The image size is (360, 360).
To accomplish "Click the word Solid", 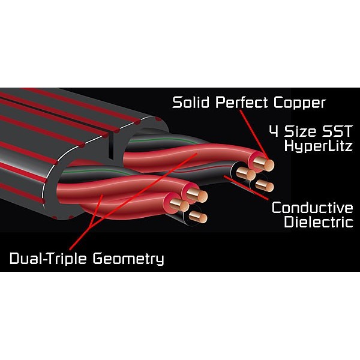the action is pyautogui.click(x=191, y=103).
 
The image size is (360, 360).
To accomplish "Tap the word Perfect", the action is pyautogui.click(x=242, y=103).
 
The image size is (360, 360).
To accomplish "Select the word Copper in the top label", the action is pyautogui.click(x=299, y=104).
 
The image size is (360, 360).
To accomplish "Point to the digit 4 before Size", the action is pyautogui.click(x=275, y=131).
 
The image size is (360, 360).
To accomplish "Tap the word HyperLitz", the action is pyautogui.click(x=318, y=146).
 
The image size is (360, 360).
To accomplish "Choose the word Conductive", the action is pyautogui.click(x=313, y=208).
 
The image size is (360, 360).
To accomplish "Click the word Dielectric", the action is pyautogui.click(x=319, y=222).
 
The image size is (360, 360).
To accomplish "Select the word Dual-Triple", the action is pyautogui.click(x=48, y=258).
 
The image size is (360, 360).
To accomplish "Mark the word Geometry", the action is pyautogui.click(x=128, y=259).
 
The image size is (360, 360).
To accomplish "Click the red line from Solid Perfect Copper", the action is pyautogui.click(x=254, y=135).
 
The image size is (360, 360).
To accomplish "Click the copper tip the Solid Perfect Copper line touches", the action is pyautogui.click(x=268, y=165).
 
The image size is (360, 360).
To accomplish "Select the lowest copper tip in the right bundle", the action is pyautogui.click(x=268, y=187).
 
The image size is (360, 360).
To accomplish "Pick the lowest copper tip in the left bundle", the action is pyautogui.click(x=202, y=218).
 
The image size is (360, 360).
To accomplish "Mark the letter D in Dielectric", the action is pyautogui.click(x=290, y=222).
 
